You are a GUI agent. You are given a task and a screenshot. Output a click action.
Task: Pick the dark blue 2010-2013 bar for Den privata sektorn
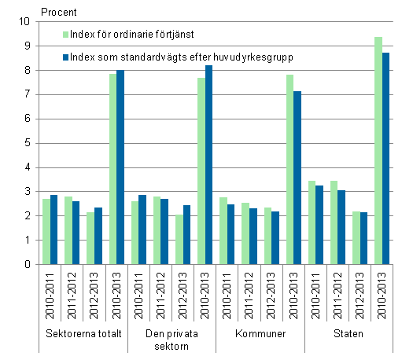click(208, 165)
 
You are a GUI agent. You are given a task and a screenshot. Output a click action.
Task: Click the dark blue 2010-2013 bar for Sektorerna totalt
click(120, 167)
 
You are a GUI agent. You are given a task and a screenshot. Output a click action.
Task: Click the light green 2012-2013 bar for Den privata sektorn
click(179, 240)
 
